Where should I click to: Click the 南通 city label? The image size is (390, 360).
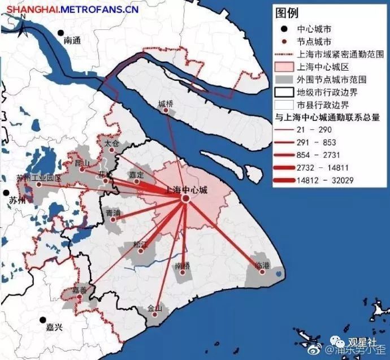click(x=73, y=41)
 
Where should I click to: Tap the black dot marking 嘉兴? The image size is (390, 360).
click(x=42, y=320)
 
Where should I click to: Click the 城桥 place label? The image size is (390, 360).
click(x=166, y=103)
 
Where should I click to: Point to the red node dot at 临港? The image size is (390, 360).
click(x=261, y=272)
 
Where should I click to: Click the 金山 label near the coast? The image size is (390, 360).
click(x=154, y=308)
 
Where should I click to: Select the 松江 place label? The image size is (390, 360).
click(x=140, y=245)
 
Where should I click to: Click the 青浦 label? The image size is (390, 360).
click(x=113, y=212)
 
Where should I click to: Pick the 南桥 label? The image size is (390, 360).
click(x=183, y=265)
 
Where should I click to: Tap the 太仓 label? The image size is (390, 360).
click(x=112, y=144)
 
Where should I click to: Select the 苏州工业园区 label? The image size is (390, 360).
click(x=38, y=178)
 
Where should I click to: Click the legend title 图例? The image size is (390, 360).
click(x=287, y=13)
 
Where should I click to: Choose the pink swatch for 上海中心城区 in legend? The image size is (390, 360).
click(x=284, y=67)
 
